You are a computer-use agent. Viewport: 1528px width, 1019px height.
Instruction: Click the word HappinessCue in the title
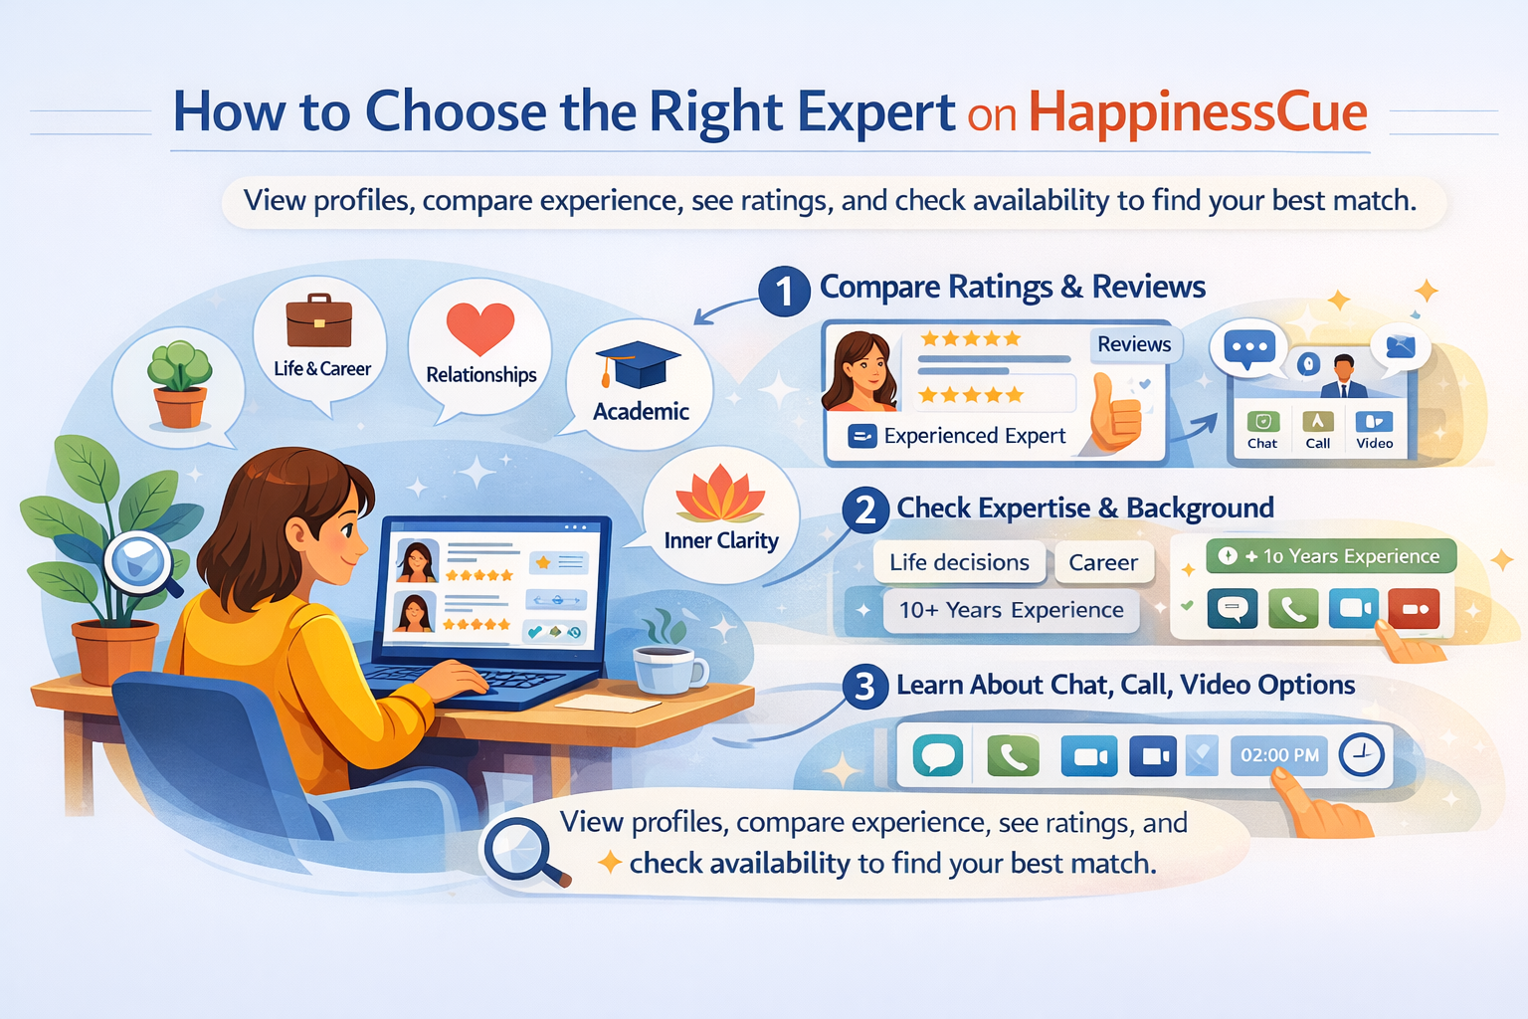(1198, 111)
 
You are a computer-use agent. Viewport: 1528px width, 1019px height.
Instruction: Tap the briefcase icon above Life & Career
(318, 320)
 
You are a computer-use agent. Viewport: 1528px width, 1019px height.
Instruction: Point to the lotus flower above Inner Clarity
(720, 496)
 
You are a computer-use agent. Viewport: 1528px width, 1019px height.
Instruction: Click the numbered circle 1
(784, 292)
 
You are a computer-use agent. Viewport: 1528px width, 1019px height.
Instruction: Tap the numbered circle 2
(865, 510)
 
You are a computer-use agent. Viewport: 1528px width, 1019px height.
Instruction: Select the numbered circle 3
(864, 687)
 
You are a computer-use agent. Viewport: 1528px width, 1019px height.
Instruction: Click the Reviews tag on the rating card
(1134, 344)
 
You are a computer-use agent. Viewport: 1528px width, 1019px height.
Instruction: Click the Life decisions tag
(959, 562)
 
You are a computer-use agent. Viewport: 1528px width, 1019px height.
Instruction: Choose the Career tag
(1102, 562)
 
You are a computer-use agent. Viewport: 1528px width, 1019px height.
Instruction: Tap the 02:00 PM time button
(1279, 755)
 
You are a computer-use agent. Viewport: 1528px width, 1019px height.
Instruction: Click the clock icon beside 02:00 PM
(1361, 755)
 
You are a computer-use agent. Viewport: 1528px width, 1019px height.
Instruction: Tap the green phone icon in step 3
(1013, 756)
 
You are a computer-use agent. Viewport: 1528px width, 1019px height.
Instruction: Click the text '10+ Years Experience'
(1011, 610)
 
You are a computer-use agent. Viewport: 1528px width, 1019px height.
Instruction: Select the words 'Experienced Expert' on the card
(974, 436)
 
